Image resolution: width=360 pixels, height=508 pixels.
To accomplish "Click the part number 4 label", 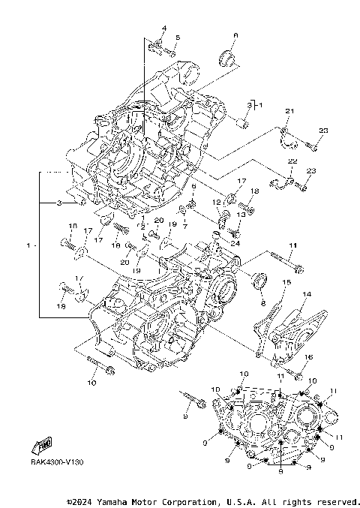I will click(x=162, y=29).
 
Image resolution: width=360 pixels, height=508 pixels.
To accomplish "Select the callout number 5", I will click(x=178, y=38).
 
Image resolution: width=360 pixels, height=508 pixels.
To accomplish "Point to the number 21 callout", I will click(x=286, y=111).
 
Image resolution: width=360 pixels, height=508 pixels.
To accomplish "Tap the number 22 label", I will click(x=292, y=162).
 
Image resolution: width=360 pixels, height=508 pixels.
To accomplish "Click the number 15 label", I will click(x=285, y=281).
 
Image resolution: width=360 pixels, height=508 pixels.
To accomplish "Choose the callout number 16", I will click(x=307, y=357).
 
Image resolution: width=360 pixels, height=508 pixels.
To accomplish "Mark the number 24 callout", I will click(x=235, y=242).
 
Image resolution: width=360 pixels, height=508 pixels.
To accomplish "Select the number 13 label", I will click(x=241, y=215).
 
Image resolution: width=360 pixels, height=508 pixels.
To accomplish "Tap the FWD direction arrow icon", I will click(x=43, y=446).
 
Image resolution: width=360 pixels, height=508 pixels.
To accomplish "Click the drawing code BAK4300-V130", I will click(x=57, y=462).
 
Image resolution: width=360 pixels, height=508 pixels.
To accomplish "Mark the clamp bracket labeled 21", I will click(x=287, y=136).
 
